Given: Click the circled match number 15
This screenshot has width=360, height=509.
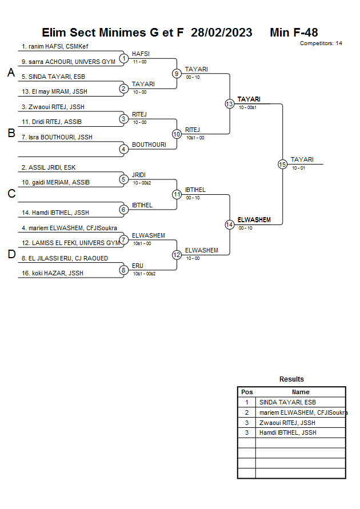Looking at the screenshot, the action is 282,165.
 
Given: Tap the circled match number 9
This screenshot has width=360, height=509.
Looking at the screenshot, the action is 177,74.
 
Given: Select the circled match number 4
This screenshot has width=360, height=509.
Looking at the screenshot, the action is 123,149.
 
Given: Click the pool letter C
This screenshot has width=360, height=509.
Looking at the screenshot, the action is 11,194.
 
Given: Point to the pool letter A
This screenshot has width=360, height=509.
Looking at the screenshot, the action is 11,73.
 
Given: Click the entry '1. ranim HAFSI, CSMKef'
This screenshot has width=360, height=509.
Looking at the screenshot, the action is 55,46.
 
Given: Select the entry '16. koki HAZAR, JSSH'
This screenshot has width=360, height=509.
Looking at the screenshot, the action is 52,273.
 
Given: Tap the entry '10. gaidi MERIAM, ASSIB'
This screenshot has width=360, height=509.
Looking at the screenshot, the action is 55,182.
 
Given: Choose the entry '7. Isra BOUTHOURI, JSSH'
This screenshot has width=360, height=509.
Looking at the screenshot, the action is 57,137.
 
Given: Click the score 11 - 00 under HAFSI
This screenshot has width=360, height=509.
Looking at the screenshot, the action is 139,62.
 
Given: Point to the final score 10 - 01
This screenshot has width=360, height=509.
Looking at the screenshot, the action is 298,168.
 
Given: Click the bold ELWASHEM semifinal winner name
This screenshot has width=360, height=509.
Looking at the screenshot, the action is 254,220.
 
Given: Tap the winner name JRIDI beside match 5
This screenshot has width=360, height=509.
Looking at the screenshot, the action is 139,175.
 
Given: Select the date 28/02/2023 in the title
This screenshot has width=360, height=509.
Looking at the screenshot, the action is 221,33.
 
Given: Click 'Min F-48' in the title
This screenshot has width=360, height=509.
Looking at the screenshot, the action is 294,33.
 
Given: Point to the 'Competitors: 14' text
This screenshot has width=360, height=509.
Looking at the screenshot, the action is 321,43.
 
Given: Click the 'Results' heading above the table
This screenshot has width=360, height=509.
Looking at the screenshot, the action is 291,379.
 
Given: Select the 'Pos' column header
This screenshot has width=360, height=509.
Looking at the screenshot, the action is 247,392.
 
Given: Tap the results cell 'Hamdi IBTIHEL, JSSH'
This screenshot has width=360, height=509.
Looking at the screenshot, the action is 287,432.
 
